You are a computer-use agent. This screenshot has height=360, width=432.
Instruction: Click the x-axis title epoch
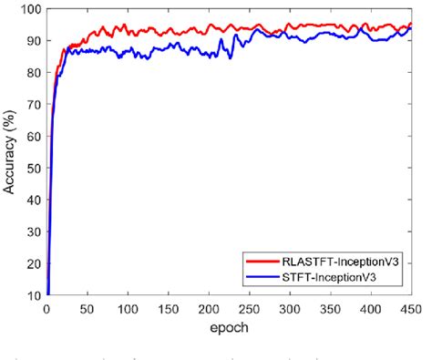pyautogui.click(x=228, y=325)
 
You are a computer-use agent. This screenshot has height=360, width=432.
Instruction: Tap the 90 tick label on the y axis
pyautogui.click(x=32, y=41)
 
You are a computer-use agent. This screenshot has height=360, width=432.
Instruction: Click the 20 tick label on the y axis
pyautogui.click(x=32, y=264)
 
